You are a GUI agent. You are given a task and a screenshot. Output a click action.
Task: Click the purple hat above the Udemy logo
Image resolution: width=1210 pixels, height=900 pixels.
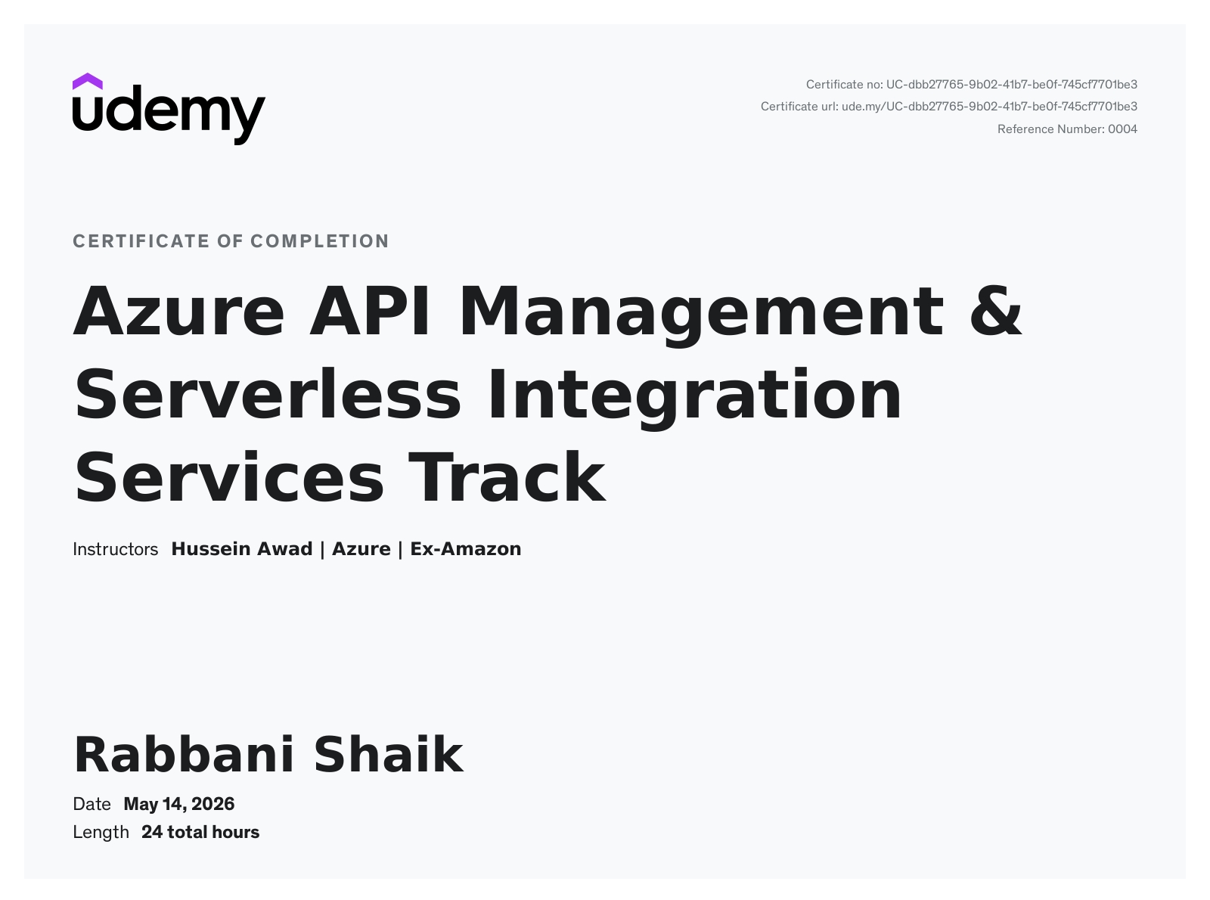tap(87, 82)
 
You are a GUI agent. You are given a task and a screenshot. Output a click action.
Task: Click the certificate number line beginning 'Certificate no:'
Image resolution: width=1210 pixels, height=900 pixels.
tap(971, 85)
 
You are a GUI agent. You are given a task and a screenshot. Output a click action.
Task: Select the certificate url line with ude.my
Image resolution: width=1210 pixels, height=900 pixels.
tap(948, 107)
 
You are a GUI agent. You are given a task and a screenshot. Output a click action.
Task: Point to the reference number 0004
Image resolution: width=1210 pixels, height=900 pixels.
tap(1122, 129)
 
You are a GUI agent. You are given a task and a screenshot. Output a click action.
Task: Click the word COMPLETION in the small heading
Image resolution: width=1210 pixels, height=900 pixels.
tap(320, 241)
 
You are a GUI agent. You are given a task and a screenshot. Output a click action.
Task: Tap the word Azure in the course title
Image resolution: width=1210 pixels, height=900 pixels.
tap(179, 312)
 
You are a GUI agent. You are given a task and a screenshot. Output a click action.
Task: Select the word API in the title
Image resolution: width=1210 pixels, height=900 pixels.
tap(370, 311)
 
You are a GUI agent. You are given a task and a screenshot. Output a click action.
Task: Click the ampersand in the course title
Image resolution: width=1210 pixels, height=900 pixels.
tap(996, 311)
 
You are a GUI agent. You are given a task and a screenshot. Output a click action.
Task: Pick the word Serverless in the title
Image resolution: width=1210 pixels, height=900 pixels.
tap(268, 395)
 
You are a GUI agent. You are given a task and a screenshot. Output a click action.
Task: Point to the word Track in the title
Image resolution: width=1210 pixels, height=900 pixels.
tap(507, 477)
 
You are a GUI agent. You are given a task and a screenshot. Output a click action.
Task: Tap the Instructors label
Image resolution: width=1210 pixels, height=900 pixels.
tap(115, 549)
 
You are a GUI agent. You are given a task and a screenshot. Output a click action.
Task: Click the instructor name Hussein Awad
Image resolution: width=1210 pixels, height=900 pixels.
tap(242, 549)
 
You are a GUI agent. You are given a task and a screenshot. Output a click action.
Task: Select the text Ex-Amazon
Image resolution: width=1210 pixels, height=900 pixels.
tap(465, 549)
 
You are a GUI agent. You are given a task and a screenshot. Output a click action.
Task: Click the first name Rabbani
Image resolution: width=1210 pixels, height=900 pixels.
tap(184, 755)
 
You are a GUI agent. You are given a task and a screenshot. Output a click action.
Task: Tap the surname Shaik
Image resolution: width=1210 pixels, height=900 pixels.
tap(389, 755)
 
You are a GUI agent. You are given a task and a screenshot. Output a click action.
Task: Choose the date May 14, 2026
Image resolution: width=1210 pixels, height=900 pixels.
tap(179, 805)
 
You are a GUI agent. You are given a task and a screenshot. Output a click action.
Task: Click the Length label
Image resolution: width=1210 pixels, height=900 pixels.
tap(101, 833)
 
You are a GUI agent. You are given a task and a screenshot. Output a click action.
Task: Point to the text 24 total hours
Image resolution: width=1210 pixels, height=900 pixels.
tap(200, 833)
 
